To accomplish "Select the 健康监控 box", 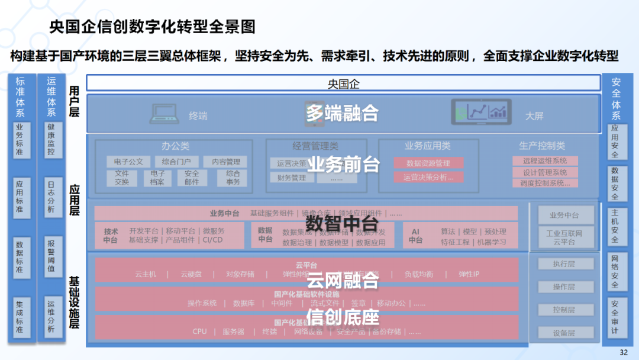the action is (52, 140).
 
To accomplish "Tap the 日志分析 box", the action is (52, 197).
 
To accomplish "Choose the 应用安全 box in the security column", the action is (615, 142).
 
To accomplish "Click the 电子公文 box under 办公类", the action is (128, 162).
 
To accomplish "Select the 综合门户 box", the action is (176, 162).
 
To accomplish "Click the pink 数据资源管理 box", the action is (428, 163).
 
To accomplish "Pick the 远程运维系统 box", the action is (545, 160).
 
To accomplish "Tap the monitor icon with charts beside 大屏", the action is (481, 112).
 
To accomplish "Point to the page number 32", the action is (624, 352).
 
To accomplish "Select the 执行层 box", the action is (564, 263).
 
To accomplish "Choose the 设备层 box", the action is (564, 333).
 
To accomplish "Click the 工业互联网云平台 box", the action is (564, 237).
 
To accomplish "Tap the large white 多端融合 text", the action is (342, 112).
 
